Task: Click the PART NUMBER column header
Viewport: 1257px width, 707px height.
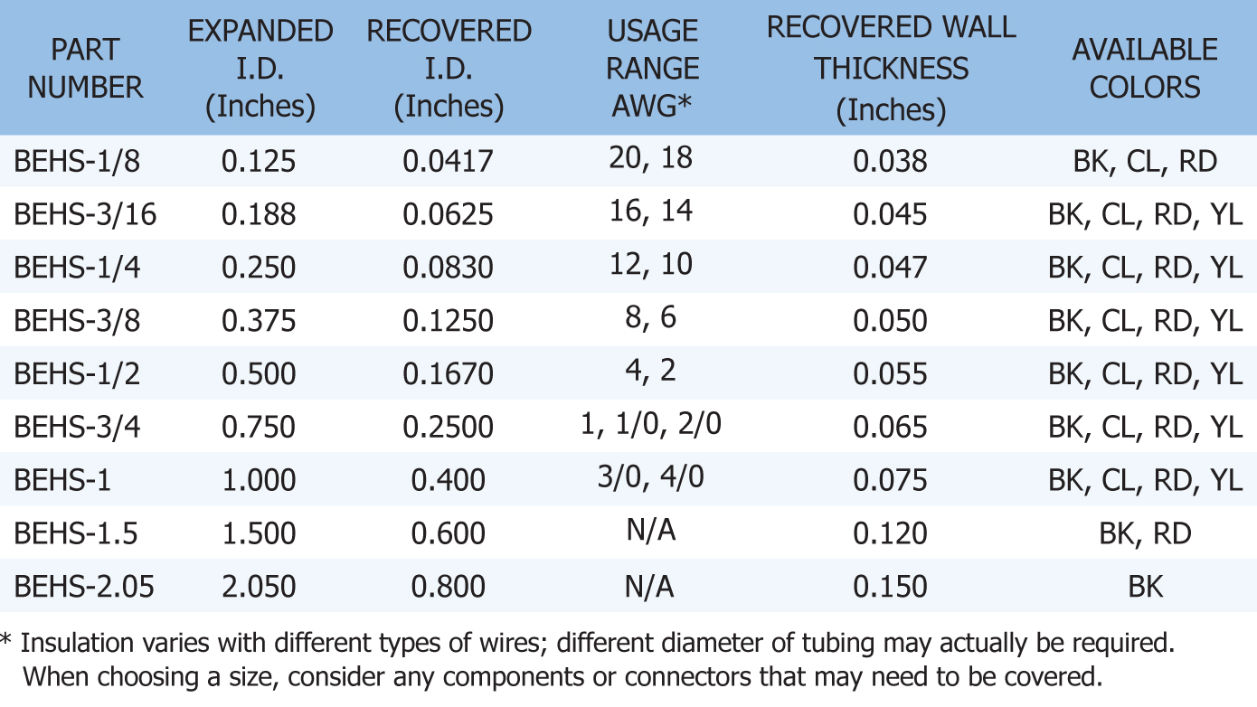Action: click(x=85, y=69)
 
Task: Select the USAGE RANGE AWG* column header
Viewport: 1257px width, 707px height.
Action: click(x=652, y=69)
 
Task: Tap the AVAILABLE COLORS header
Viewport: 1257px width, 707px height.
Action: click(x=1144, y=69)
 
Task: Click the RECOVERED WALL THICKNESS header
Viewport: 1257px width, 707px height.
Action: click(x=891, y=69)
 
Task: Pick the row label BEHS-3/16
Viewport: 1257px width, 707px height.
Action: click(x=85, y=214)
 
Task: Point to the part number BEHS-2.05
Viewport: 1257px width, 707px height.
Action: click(x=84, y=587)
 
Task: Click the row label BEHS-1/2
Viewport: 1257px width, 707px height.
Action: click(x=77, y=373)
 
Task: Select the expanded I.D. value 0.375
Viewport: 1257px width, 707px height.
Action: click(x=259, y=321)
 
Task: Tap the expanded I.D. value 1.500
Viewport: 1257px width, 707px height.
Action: click(x=259, y=533)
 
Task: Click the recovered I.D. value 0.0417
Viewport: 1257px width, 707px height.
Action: click(x=449, y=162)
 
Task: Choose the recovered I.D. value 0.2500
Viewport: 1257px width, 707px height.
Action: click(x=449, y=427)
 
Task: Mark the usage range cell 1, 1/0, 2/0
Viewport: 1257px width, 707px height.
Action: click(x=651, y=424)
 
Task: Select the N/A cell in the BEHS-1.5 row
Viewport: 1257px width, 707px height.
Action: click(x=650, y=531)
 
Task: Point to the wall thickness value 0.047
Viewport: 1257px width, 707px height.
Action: click(x=891, y=268)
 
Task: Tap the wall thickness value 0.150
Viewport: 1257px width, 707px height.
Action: click(x=891, y=587)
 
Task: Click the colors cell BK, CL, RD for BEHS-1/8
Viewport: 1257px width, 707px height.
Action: click(x=1145, y=162)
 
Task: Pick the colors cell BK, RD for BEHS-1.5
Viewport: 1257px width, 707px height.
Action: click(x=1145, y=533)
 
